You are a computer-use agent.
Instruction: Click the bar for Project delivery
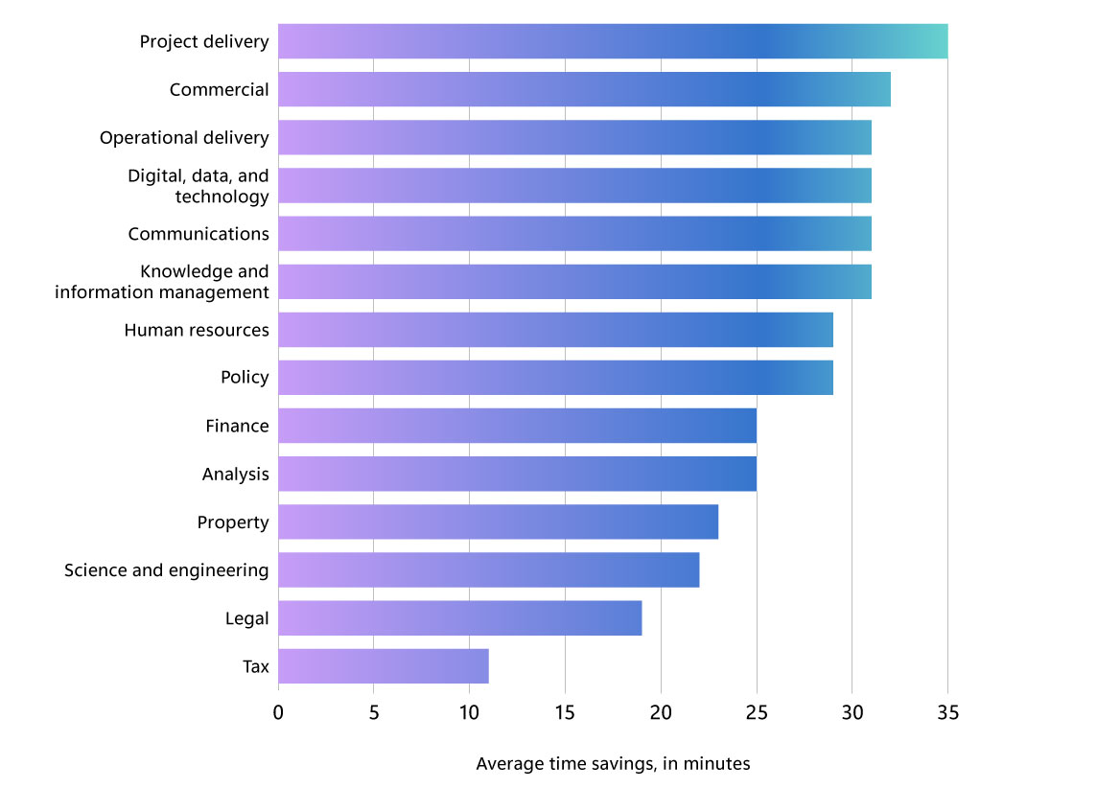(x=613, y=41)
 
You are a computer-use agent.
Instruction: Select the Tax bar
(x=384, y=666)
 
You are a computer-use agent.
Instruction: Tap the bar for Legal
(x=460, y=618)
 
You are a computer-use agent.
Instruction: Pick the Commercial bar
(x=584, y=89)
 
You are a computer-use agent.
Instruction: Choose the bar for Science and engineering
(x=489, y=570)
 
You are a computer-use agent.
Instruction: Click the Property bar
(x=499, y=522)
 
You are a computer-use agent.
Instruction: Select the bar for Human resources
(x=555, y=330)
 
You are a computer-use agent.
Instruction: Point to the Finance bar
(x=518, y=426)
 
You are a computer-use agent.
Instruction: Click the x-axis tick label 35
(x=947, y=713)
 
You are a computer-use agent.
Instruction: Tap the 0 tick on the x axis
(x=278, y=713)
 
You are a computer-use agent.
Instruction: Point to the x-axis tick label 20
(x=661, y=713)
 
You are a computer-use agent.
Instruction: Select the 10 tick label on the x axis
(x=469, y=713)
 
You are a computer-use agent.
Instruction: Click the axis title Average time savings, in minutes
(x=613, y=764)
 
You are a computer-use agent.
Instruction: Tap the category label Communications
(x=198, y=234)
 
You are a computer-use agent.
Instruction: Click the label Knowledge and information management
(x=162, y=282)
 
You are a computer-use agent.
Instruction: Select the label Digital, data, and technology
(x=198, y=186)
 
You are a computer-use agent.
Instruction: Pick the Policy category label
(x=245, y=378)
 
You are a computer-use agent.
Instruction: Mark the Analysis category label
(x=235, y=475)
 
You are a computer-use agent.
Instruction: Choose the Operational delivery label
(x=184, y=138)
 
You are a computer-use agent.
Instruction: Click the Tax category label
(x=256, y=666)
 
